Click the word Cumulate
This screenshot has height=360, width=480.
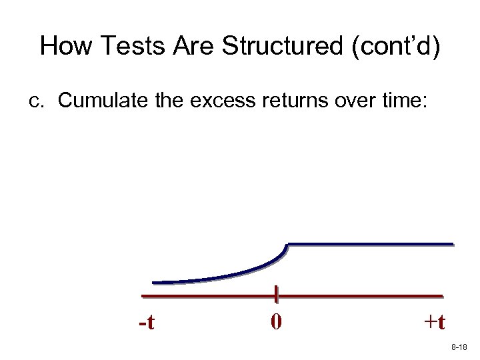point(97,101)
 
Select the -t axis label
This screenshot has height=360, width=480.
point(147,323)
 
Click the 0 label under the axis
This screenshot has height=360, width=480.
point(276,322)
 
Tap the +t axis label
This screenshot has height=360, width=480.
point(434,322)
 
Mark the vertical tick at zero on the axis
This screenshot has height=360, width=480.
point(275,295)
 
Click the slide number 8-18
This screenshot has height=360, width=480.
point(459,348)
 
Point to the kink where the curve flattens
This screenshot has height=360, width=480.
point(287,245)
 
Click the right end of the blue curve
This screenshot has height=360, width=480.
point(452,244)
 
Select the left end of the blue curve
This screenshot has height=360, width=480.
point(154,282)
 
